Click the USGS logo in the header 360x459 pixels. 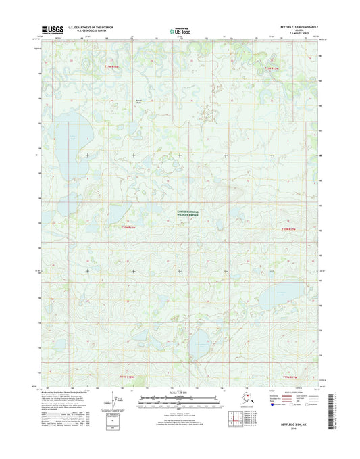(x=53, y=29)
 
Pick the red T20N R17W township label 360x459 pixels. (x=288, y=228)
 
